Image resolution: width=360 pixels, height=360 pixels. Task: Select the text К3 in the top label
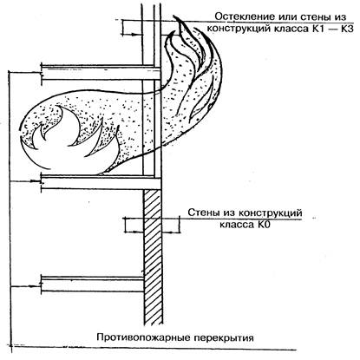(x=347, y=29)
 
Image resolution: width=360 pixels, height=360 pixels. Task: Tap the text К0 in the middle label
(x=263, y=225)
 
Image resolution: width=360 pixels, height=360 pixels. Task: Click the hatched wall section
(x=153, y=256)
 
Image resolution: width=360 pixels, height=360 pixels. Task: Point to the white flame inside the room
(x=71, y=141)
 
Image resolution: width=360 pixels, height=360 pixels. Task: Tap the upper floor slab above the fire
(x=101, y=72)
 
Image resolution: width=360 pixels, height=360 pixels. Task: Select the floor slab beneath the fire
(x=101, y=182)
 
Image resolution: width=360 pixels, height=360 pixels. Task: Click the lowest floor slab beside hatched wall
(x=93, y=284)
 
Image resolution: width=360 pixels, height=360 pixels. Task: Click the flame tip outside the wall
(x=175, y=17)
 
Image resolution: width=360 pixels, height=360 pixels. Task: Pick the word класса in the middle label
(x=236, y=225)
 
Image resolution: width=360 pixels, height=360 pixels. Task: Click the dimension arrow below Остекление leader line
(x=133, y=35)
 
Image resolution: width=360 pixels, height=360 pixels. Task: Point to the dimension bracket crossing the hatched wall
(x=152, y=225)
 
